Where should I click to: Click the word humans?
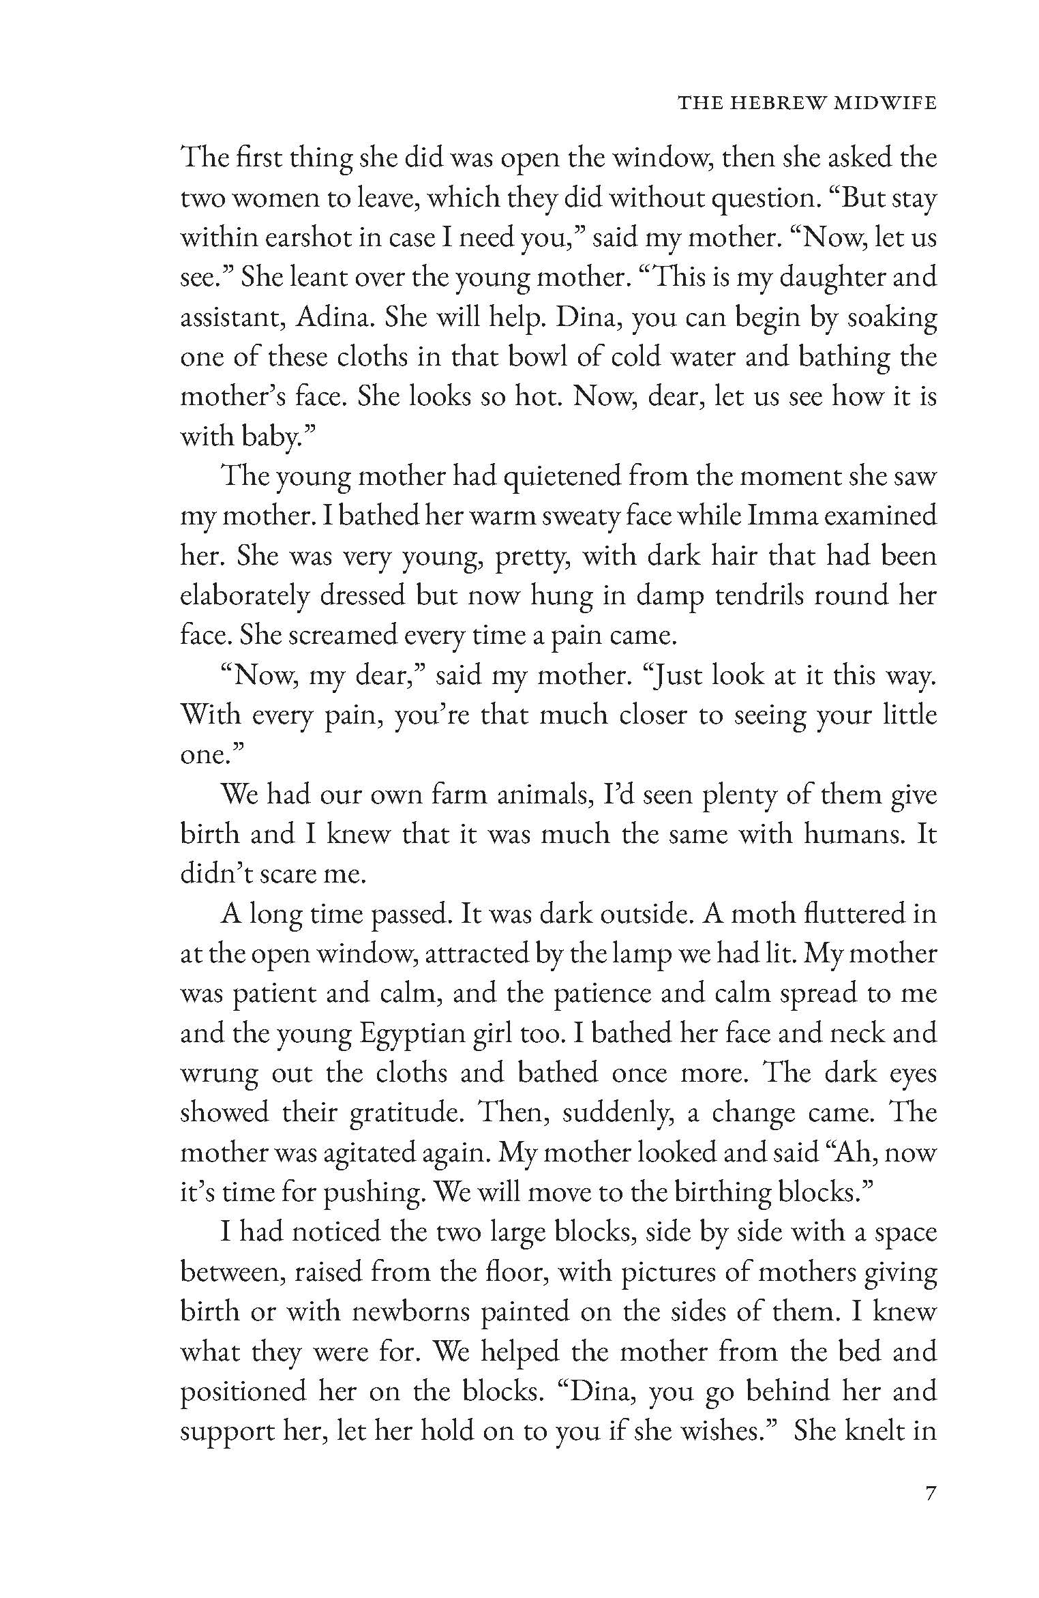pyautogui.click(x=852, y=834)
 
